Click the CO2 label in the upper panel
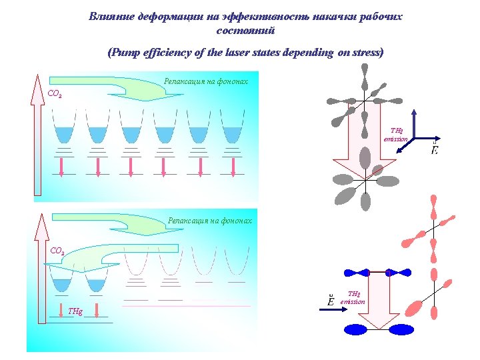(56, 95)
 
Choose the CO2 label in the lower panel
(58, 252)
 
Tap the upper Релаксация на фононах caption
(206, 82)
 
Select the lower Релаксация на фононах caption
(210, 220)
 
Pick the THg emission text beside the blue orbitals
(353, 298)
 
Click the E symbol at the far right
(435, 149)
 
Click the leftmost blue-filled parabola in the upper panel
(65, 134)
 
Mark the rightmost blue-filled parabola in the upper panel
(232, 134)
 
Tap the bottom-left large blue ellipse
(356, 329)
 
